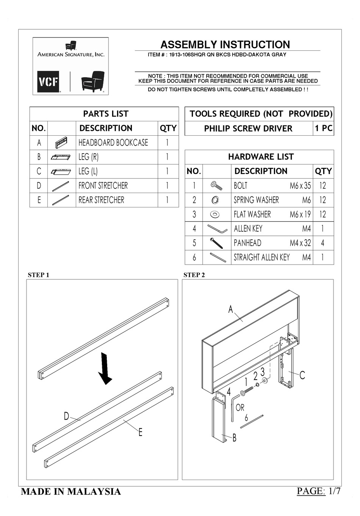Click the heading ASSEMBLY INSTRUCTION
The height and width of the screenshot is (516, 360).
pyautogui.click(x=225, y=45)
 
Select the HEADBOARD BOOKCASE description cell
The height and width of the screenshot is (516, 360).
pyautogui.click(x=113, y=143)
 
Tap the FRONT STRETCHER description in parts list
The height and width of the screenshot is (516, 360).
pyautogui.click(x=103, y=186)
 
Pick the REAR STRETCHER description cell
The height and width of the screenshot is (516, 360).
pyautogui.click(x=101, y=200)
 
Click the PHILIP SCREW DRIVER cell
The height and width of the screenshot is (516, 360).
pyautogui.click(x=248, y=129)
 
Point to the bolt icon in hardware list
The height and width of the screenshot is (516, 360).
pyautogui.click(x=217, y=186)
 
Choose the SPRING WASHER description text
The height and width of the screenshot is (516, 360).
pyautogui.click(x=256, y=200)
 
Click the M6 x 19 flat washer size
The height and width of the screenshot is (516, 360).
pyautogui.click(x=300, y=215)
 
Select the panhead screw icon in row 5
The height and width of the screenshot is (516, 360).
pyautogui.click(x=217, y=243)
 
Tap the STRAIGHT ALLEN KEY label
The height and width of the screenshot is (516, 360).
pyautogui.click(x=261, y=257)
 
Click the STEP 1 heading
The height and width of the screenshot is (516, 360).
pyautogui.click(x=39, y=275)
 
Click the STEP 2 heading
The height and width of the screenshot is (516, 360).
pyautogui.click(x=194, y=275)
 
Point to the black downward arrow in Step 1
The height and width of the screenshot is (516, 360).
pyautogui.click(x=106, y=368)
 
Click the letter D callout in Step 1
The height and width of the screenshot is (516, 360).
pyautogui.click(x=66, y=416)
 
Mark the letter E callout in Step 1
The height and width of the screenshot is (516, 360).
pyautogui.click(x=140, y=432)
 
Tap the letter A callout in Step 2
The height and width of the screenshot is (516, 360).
pyautogui.click(x=230, y=310)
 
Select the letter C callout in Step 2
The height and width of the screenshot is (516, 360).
pyautogui.click(x=302, y=375)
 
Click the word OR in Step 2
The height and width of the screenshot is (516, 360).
pyautogui.click(x=240, y=408)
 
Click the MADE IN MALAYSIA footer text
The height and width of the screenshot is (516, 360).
pyautogui.click(x=71, y=492)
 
